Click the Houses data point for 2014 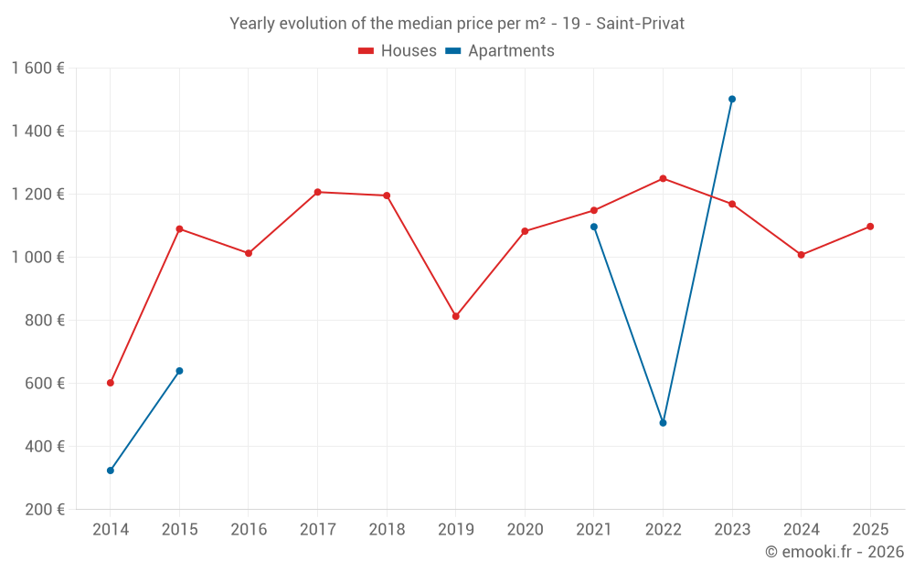tap(111, 383)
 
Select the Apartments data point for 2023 tap(732, 99)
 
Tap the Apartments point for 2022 tap(663, 423)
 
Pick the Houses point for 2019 tap(456, 316)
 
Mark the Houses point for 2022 tap(663, 178)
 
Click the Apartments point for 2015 tap(179, 371)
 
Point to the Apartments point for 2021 tap(594, 227)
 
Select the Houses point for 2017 tap(317, 192)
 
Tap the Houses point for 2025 tap(870, 227)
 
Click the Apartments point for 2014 tap(111, 471)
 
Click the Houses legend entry tap(398, 51)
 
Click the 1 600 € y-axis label tap(38, 69)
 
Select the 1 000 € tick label tap(38, 258)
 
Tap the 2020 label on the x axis tap(525, 530)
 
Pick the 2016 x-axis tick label tap(249, 530)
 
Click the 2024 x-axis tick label tap(801, 530)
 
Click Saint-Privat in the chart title tap(640, 24)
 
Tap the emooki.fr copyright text tap(834, 552)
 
